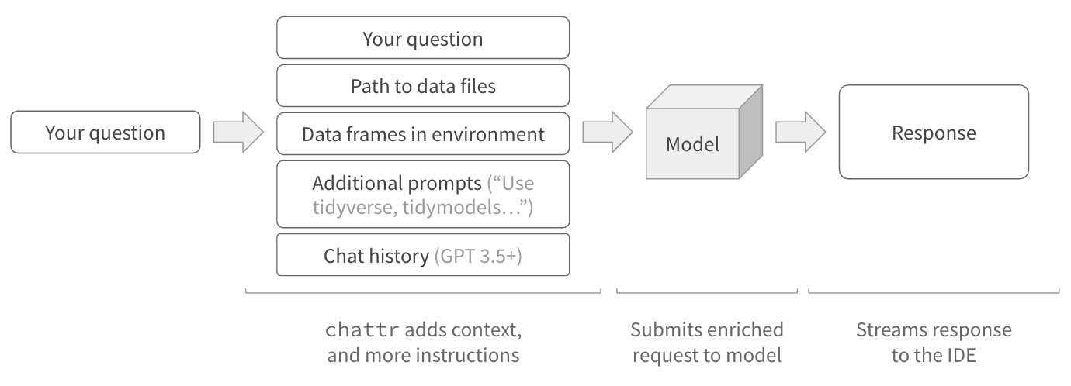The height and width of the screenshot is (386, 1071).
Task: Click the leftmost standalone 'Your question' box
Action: tap(105, 133)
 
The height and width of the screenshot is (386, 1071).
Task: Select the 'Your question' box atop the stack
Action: tap(423, 38)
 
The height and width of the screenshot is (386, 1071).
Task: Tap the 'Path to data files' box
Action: tap(423, 85)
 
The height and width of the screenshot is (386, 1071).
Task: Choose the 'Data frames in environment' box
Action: tap(423, 133)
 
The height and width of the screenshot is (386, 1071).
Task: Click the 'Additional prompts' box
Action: tap(423, 196)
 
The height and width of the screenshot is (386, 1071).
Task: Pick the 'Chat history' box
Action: tap(423, 255)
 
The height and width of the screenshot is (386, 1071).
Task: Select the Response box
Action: tap(934, 133)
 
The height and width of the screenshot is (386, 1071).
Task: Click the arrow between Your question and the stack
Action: tap(238, 133)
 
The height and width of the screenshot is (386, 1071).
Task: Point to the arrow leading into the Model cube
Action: tap(608, 133)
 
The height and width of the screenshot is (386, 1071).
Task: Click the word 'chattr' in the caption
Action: tap(362, 330)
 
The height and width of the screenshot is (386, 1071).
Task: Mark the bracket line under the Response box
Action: tap(934, 291)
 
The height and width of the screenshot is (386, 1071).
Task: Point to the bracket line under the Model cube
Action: tap(706, 291)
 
